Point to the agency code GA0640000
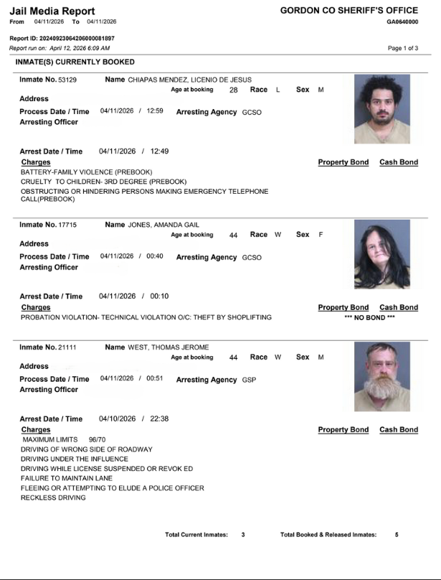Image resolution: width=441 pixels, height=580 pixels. (402, 22)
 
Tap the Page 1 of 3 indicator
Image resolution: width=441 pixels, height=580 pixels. (402, 48)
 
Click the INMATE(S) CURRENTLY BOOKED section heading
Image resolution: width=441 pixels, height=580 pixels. (75, 62)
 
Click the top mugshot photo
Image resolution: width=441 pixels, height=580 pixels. (381, 110)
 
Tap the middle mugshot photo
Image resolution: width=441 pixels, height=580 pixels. (381, 254)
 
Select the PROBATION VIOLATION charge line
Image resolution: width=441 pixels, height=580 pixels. (146, 317)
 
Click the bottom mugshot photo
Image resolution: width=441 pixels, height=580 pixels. (381, 377)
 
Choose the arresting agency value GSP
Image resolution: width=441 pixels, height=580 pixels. (249, 380)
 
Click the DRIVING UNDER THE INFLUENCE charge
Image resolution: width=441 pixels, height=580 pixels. (75, 459)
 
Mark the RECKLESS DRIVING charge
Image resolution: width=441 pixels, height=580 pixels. (53, 497)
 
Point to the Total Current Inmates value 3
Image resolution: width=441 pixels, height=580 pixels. (243, 535)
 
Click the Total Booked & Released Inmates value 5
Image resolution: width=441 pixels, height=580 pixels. (397, 535)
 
